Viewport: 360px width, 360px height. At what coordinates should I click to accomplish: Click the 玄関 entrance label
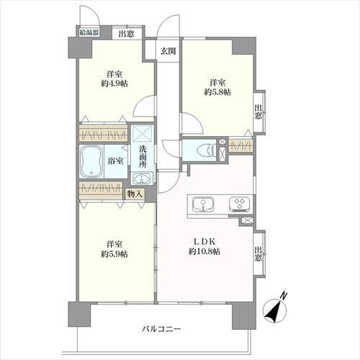(x=168, y=50)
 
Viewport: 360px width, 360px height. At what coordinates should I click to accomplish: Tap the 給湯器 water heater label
(x=90, y=32)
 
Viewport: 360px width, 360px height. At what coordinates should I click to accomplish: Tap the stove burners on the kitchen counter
(x=238, y=204)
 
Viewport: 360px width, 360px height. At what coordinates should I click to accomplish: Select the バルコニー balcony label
(x=161, y=329)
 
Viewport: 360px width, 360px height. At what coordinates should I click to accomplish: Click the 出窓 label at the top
(x=126, y=32)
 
